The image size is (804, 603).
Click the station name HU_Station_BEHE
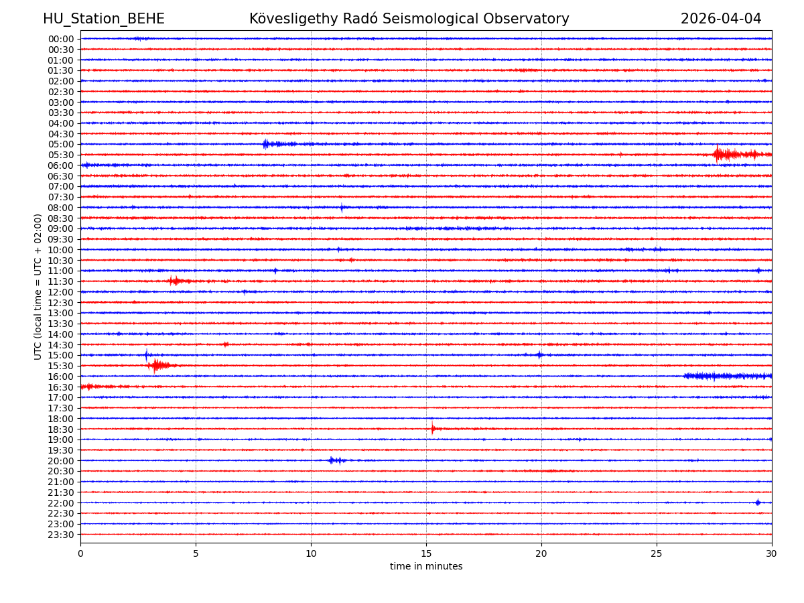tap(104, 19)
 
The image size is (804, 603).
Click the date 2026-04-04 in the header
tap(721, 19)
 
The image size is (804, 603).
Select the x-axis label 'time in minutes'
tap(426, 566)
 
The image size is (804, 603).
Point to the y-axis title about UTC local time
tap(38, 287)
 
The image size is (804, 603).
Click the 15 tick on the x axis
tap(426, 553)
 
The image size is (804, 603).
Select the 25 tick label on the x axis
tap(657, 553)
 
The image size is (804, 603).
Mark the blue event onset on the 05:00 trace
tap(266, 144)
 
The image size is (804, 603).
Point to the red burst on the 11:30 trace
tap(175, 281)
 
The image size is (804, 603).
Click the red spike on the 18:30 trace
tap(433, 428)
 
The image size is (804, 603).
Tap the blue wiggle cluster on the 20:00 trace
tap(336, 460)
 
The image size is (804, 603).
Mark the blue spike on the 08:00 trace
tap(342, 208)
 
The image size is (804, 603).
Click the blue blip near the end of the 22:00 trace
tap(758, 503)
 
